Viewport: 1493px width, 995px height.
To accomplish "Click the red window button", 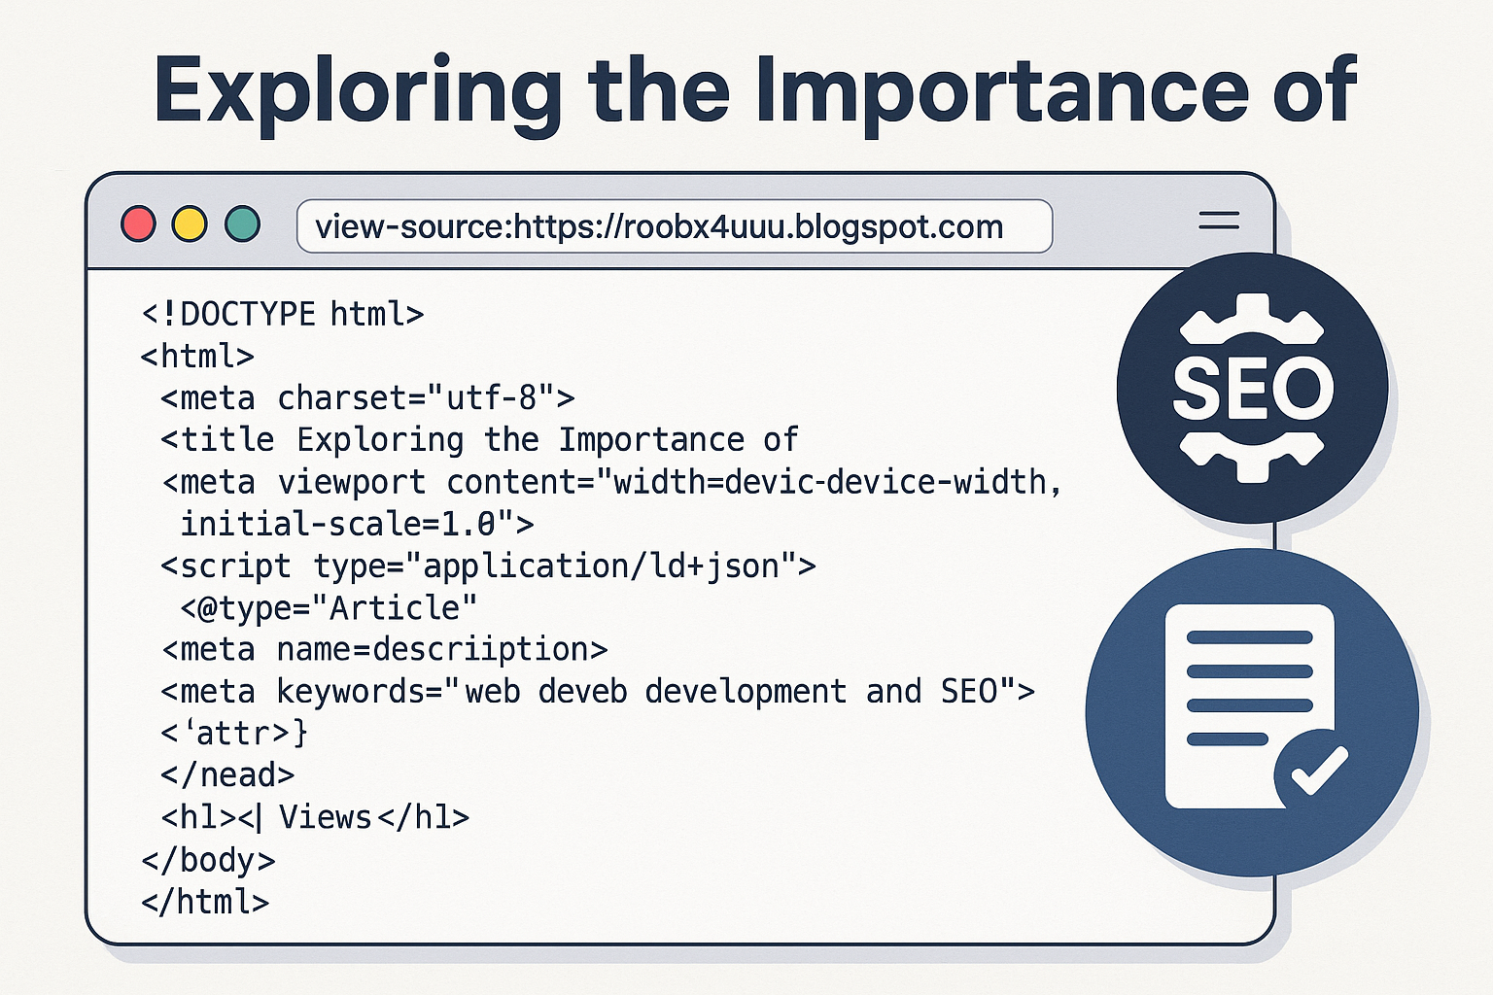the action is click(x=138, y=223).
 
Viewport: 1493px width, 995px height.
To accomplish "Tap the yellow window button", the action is click(x=190, y=223).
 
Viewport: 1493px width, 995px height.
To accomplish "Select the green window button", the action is click(x=242, y=223).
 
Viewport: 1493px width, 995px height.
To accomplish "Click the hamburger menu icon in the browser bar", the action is click(x=1218, y=221).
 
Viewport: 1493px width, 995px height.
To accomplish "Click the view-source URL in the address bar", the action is click(x=658, y=227).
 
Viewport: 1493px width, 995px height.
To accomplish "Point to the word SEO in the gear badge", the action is click(x=1253, y=388).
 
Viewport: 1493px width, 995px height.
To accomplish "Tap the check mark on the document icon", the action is click(x=1319, y=772).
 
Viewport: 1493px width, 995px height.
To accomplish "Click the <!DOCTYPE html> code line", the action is click(x=283, y=314).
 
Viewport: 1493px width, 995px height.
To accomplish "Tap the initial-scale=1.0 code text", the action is click(x=338, y=524).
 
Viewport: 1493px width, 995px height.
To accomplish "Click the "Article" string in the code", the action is click(x=394, y=608).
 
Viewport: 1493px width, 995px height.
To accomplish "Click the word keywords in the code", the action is click(x=351, y=691).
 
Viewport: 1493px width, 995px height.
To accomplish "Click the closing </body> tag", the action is click(x=208, y=860).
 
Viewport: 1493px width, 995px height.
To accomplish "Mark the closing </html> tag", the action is click(x=205, y=902).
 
